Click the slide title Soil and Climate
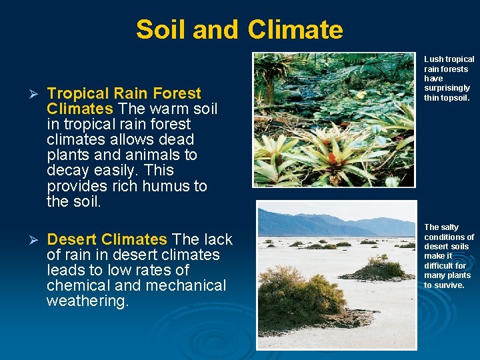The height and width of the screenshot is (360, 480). (x=239, y=30)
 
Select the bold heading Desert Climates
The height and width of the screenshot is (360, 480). (x=107, y=239)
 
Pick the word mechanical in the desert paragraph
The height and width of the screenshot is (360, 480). (x=185, y=285)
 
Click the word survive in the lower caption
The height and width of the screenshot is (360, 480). (x=449, y=285)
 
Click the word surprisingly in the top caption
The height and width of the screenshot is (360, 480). (x=447, y=88)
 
